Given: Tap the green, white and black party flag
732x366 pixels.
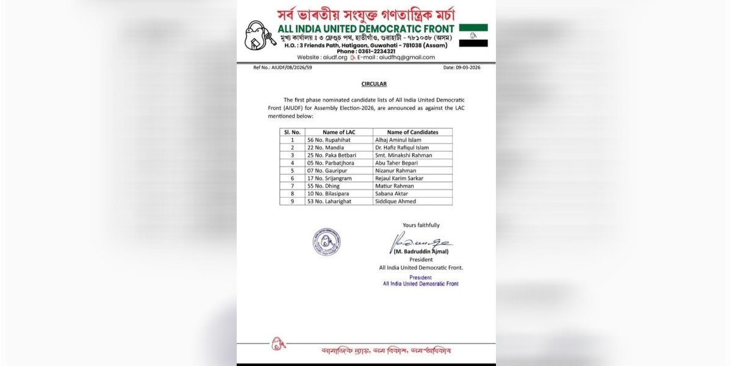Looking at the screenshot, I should point(473,35).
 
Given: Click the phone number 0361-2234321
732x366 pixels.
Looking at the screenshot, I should point(366,51).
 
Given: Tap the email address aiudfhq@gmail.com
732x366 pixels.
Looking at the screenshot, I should point(407,57).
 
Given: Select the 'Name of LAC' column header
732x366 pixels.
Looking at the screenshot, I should point(339,132).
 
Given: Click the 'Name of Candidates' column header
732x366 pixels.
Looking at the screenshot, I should point(412,132).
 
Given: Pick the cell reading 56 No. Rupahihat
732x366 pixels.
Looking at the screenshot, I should point(330,140).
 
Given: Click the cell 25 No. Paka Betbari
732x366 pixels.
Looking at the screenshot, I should point(332,155).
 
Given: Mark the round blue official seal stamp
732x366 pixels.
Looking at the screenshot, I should point(326,242).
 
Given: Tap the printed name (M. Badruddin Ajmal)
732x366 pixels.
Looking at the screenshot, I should point(421,251).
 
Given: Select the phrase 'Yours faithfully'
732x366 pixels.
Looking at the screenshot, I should point(421,225).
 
